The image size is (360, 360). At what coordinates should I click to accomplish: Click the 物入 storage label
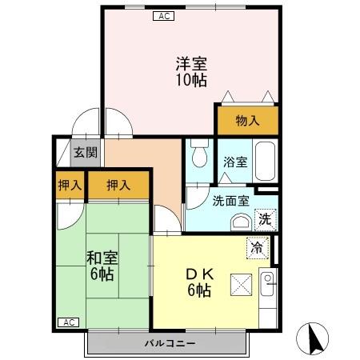coord(246,121)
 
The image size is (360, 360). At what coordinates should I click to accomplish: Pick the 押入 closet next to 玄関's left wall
coord(70,186)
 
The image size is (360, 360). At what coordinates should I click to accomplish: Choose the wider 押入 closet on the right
coord(118,186)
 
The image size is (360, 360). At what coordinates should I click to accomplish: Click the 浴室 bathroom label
coord(235,162)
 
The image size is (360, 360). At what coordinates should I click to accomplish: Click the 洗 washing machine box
coord(264,218)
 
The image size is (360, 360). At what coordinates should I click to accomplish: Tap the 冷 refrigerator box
coord(258,250)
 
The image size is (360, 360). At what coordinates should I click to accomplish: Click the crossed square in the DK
coord(241,283)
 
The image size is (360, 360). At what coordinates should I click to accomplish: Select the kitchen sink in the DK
coord(267,279)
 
